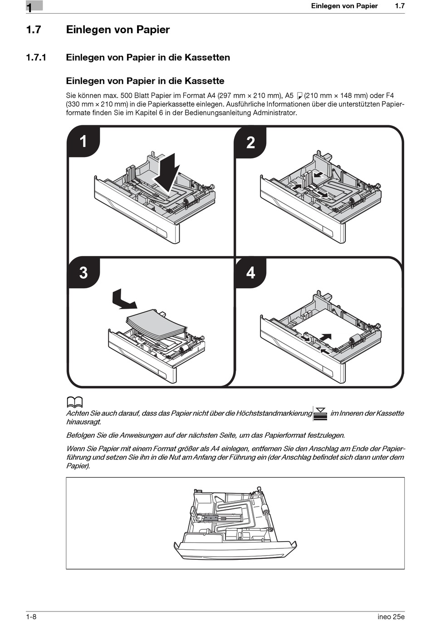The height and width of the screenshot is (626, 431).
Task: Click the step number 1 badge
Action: pos(83,141)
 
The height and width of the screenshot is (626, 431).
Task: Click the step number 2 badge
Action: pos(250,143)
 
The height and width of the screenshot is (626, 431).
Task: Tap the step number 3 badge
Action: pos(83,272)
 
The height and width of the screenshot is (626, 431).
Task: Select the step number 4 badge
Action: pos(250,272)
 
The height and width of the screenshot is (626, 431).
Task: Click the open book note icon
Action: pos(74,402)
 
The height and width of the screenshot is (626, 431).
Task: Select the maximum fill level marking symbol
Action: pos(320,414)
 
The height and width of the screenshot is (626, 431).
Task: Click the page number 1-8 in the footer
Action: pos(31,616)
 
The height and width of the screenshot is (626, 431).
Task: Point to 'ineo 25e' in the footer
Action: pos(391,616)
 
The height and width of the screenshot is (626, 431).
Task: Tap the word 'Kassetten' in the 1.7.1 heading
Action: pos(206,58)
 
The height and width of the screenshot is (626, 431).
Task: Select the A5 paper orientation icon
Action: pos(299,96)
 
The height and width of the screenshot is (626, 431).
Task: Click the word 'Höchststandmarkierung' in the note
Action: pos(274,413)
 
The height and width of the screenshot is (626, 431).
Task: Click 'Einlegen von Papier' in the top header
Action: pos(344,6)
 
